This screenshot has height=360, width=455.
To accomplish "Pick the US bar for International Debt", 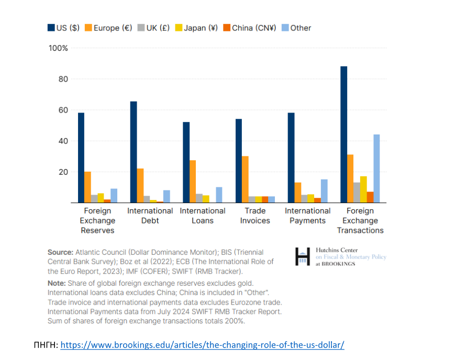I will click(134, 152).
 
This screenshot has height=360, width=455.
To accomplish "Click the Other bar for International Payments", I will click(324, 191).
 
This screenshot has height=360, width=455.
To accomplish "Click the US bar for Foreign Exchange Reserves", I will click(81, 157).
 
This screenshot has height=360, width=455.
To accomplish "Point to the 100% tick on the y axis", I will click(58, 48).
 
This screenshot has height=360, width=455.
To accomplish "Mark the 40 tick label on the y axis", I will click(63, 141).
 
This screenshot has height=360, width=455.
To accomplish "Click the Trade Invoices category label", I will click(255, 216).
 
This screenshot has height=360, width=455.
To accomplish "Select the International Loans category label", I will click(203, 216).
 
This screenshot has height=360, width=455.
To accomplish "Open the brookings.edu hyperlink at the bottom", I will click(202, 345).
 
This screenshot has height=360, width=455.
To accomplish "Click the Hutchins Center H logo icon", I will click(303, 256).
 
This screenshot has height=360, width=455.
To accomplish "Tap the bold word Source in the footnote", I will click(60, 252).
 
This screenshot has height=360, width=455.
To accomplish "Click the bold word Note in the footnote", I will click(57, 283).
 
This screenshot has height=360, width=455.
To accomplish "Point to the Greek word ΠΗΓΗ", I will click(44, 345).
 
